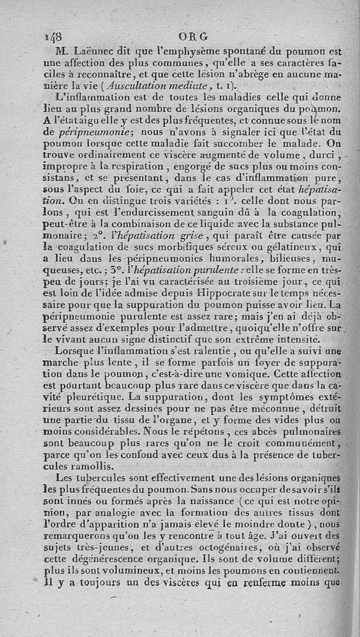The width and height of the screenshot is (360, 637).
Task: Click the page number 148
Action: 54,36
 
